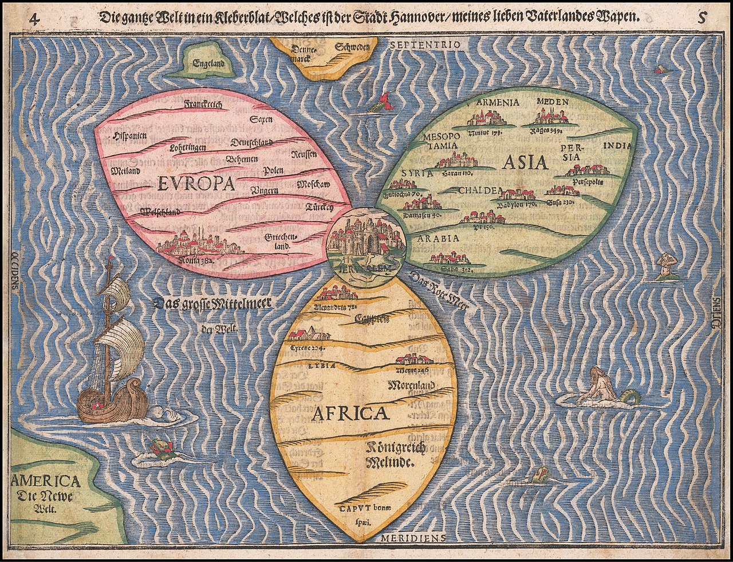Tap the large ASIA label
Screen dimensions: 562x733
pos(525,163)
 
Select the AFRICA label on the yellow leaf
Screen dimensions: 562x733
pos(349,412)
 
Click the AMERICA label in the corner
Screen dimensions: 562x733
pos(46,481)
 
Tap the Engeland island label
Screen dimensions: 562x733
pos(208,64)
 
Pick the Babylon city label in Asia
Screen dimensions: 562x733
pos(516,204)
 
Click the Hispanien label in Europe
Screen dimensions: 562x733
pos(129,136)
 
